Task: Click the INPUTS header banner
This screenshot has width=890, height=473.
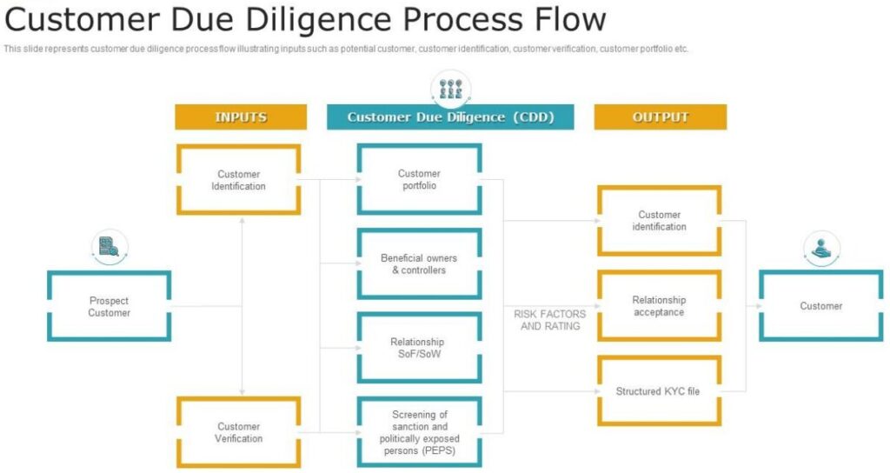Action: [241, 117]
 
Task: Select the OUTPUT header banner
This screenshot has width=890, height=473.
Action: [661, 117]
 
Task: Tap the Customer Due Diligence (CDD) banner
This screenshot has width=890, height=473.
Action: [450, 117]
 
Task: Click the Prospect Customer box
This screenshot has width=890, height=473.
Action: [109, 306]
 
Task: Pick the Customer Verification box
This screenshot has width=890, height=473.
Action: [239, 432]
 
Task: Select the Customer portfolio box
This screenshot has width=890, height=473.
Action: [419, 179]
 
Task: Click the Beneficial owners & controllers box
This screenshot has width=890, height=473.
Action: [419, 263]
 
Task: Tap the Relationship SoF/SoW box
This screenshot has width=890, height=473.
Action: [419, 348]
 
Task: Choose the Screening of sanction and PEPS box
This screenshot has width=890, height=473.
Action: [419, 432]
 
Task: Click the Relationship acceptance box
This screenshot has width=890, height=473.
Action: [660, 306]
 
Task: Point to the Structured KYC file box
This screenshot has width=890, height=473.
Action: [660, 391]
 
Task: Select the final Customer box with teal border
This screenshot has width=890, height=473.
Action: [821, 306]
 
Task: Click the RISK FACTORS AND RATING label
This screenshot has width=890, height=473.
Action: [550, 320]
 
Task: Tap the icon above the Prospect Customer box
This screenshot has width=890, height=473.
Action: [110, 247]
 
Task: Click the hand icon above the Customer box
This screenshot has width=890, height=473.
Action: [821, 248]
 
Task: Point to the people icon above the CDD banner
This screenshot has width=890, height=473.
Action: [451, 87]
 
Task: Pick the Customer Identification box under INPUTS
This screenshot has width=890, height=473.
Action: [239, 180]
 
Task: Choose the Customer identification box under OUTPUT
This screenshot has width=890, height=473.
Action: [660, 221]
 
